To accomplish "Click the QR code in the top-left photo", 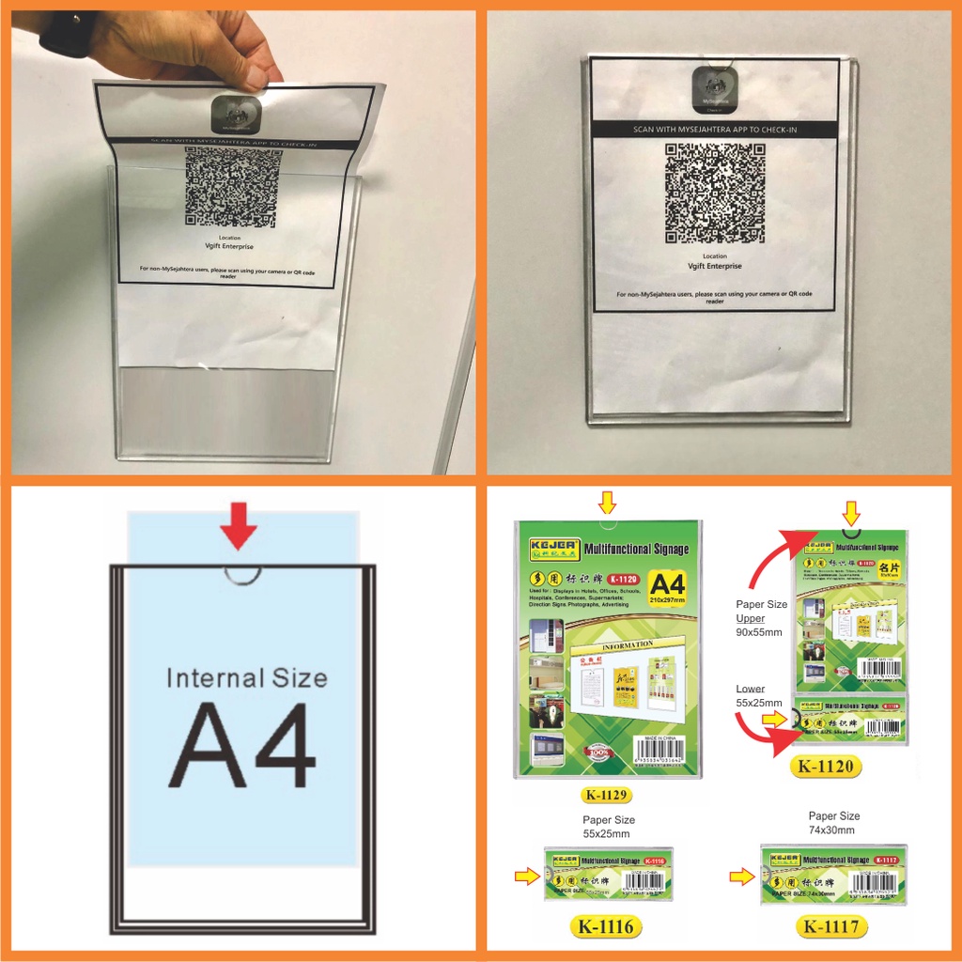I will point(233,187).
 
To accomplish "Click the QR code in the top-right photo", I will point(715,193).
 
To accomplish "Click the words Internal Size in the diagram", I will point(246,677).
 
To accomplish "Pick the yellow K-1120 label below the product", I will point(827,766).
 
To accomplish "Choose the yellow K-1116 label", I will point(607,926).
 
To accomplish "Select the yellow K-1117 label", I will point(832,926).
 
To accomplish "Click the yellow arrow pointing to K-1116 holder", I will point(527,876).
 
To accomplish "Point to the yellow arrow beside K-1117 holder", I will point(742,877).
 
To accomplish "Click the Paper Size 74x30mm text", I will point(834,823).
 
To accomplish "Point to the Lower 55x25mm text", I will point(758,695).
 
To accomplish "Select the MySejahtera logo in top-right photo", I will point(716,88).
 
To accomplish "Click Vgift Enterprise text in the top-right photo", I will point(714,266).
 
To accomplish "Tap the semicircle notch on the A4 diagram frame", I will point(242,573).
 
